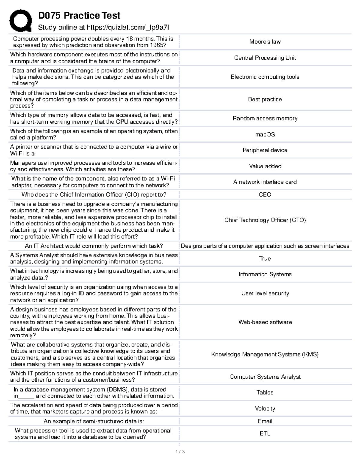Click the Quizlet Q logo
pos(20,20)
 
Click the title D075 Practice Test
pos(79,15)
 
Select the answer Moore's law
pos(265,42)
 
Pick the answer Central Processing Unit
pos(265,58)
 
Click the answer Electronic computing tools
pos(265,77)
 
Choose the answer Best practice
pos(265,99)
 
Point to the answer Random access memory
pos(265,119)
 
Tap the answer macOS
pos(265,134)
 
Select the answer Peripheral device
pos(265,150)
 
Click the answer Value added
pos(265,166)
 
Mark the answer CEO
pos(265,194)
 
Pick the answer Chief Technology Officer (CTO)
pos(265,220)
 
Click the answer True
pos(265,258)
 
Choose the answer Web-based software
pos(265,322)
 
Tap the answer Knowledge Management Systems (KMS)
pos(265,354)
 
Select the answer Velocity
pos(265,408)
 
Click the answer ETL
pos(265,434)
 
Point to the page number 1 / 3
pos(180,452)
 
